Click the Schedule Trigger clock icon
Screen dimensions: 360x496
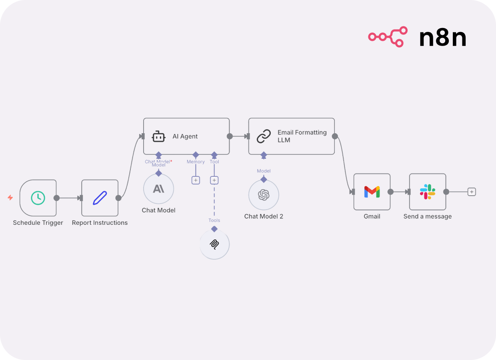(x=38, y=198)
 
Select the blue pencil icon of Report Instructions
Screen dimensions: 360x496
(x=100, y=198)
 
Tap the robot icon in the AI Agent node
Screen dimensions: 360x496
(x=158, y=136)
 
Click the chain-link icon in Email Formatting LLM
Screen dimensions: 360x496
(x=264, y=136)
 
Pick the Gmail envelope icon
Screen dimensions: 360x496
(x=372, y=192)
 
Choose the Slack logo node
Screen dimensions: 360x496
(x=427, y=192)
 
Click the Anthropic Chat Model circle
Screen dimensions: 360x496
(x=158, y=188)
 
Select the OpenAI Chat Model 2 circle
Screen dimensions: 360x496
(x=264, y=195)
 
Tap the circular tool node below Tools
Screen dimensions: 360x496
(x=214, y=244)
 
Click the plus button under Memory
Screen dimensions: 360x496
(x=196, y=180)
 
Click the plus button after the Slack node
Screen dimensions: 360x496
(x=472, y=192)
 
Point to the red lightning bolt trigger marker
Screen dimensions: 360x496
(x=10, y=198)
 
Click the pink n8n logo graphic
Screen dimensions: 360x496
(x=388, y=37)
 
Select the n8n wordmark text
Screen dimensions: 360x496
(x=442, y=38)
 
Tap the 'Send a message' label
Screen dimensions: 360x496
(x=427, y=216)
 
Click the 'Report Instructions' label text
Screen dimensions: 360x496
(x=100, y=223)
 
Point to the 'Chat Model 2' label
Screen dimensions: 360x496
(x=264, y=216)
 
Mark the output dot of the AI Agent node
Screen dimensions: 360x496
(x=230, y=136)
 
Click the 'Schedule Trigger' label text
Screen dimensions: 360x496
(x=38, y=223)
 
